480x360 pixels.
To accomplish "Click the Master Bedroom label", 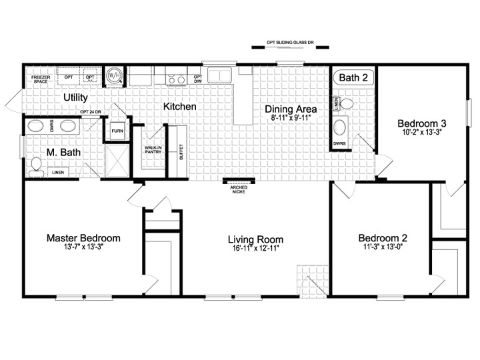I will [x=83, y=238].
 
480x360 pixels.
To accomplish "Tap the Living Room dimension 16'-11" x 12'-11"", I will [x=255, y=249].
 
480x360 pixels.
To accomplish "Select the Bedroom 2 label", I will [x=383, y=238].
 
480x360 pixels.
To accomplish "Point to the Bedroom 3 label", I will [x=422, y=123].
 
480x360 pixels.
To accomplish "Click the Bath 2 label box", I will [x=353, y=78].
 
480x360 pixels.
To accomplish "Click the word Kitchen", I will [x=180, y=107].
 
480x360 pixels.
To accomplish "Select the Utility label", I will [x=76, y=97].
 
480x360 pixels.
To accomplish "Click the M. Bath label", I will [x=63, y=153].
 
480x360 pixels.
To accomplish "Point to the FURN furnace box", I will [x=117, y=131].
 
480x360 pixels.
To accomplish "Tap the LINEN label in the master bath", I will [x=59, y=173].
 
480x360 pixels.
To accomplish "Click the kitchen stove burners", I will [x=176, y=81].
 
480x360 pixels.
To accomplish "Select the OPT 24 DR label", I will [x=90, y=111].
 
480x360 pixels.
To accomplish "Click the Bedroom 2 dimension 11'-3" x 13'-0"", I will [x=383, y=249].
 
